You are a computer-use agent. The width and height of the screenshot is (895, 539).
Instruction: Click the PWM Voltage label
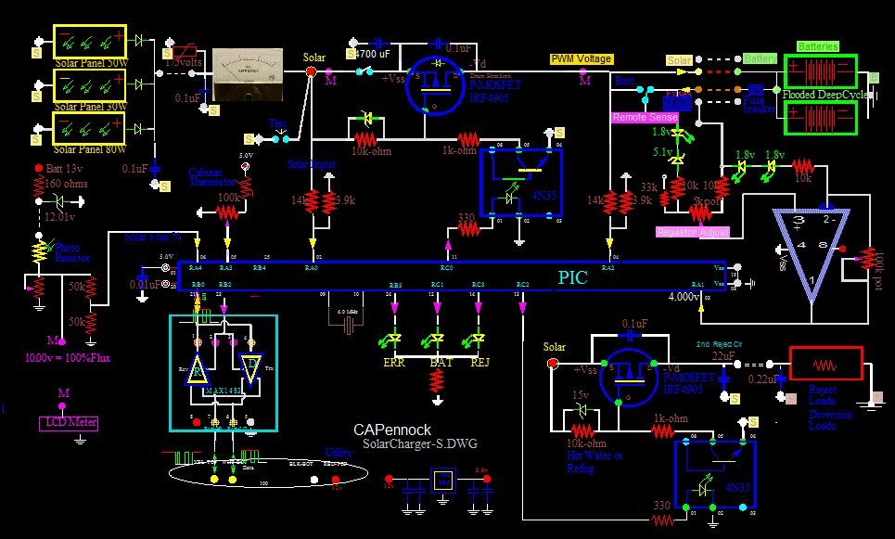[x=582, y=59]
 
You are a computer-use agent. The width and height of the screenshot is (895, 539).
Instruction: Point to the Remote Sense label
[x=644, y=119]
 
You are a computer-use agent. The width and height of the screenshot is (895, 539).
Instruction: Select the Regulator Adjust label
[x=692, y=232]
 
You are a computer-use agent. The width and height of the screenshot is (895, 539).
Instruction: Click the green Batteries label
[x=818, y=46]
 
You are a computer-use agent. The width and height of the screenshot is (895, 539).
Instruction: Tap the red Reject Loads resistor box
[x=825, y=365]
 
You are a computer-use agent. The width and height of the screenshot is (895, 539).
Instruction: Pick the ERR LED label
[x=394, y=363]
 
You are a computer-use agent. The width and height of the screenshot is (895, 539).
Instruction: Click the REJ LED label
[x=479, y=363]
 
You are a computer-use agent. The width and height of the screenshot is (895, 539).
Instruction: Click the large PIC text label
[x=572, y=277]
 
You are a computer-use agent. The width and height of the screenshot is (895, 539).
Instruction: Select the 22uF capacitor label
[x=723, y=356]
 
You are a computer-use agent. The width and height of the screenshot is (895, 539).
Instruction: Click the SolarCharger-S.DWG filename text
[x=419, y=444]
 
